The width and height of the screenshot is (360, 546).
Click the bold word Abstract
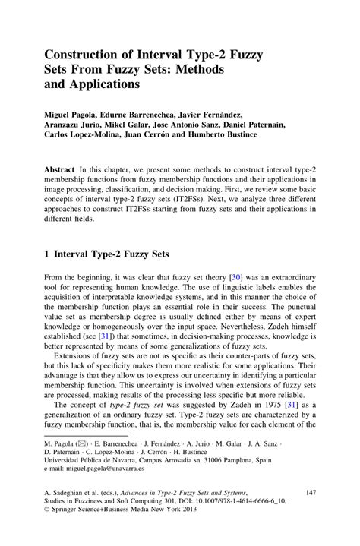point(61,163)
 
